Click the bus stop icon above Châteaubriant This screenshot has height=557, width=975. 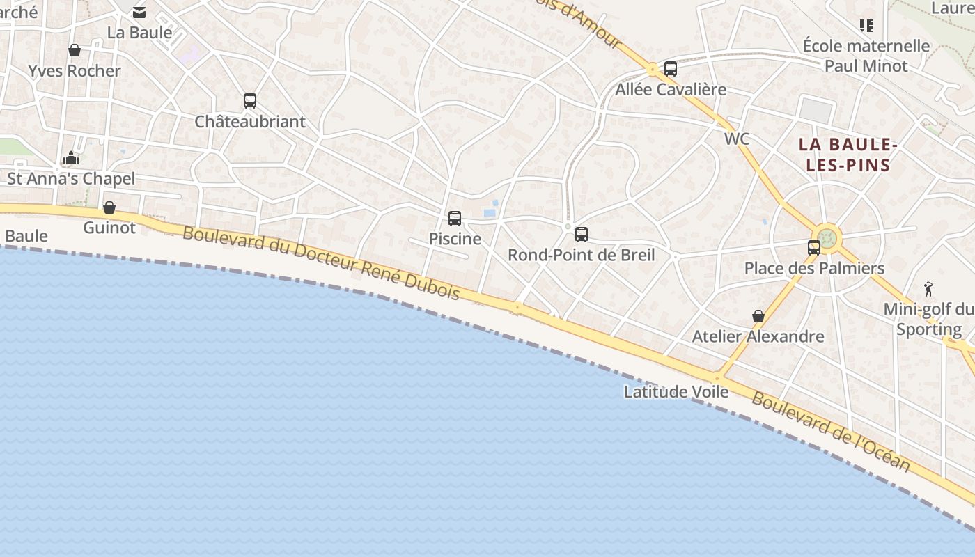coord(250,101)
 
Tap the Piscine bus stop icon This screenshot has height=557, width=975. coord(455,219)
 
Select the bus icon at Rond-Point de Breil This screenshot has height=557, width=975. coord(582,235)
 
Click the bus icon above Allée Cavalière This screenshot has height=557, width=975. coord(671,69)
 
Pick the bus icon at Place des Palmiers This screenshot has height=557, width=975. coord(813,247)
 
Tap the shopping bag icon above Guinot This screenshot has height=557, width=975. coord(109,207)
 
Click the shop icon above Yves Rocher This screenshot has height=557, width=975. coord(75,50)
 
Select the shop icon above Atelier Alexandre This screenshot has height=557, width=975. coord(758,316)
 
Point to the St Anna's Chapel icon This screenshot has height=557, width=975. coord(71,159)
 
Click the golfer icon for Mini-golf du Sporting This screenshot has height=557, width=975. coord(928,288)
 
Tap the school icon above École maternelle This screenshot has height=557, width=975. coord(866,26)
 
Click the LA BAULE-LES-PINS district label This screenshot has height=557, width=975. coord(845,155)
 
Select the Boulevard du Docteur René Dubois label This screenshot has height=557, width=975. coord(321,262)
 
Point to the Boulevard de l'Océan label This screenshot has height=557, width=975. coord(831,432)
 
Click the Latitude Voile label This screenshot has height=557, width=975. coord(676,391)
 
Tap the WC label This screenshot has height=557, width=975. coord(737,139)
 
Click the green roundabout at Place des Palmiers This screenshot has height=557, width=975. coord(827,239)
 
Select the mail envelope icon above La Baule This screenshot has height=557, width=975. coord(139,12)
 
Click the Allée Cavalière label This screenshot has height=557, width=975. coord(671,90)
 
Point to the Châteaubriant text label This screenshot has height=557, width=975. coord(250,122)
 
